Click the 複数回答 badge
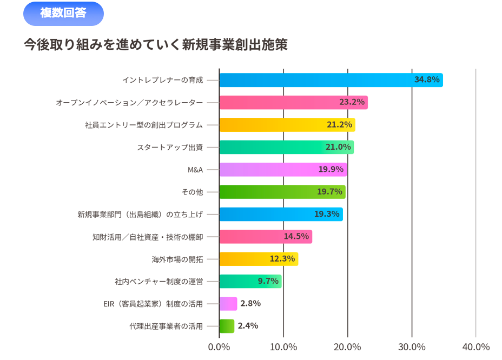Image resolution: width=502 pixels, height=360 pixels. pyautogui.click(x=63, y=14)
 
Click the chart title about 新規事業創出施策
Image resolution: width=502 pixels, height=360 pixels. pyautogui.click(x=156, y=44)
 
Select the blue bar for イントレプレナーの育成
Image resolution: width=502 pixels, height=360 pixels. pyautogui.click(x=331, y=80)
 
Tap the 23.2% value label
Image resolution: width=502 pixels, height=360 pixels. pyautogui.click(x=352, y=102)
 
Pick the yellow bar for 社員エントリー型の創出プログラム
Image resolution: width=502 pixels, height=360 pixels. pyautogui.click(x=287, y=125)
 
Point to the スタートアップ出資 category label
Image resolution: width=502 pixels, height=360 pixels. pyautogui.click(x=170, y=147)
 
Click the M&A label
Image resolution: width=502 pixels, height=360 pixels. pyautogui.click(x=195, y=170)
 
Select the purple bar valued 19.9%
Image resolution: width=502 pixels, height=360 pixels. pyautogui.click(x=283, y=170)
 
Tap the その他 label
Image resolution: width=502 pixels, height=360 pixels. pyautogui.click(x=192, y=192)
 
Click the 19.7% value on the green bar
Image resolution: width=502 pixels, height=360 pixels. pyautogui.click(x=329, y=192)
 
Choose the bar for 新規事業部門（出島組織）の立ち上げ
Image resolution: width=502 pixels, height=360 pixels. pyautogui.click(x=281, y=214)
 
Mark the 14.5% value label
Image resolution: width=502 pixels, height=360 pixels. pyautogui.click(x=296, y=236)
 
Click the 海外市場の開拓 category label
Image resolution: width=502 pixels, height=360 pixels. pyautogui.click(x=177, y=259)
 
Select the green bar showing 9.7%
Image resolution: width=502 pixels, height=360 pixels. pyautogui.click(x=250, y=281)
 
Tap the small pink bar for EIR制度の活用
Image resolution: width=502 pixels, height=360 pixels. pyautogui.click(x=228, y=304)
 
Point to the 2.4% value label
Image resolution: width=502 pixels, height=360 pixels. pyautogui.click(x=248, y=326)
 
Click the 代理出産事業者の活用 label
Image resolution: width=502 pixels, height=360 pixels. pyautogui.click(x=166, y=326)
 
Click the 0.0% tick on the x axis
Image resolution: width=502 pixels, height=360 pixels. pyautogui.click(x=219, y=347)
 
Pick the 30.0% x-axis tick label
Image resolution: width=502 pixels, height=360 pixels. pyautogui.click(x=412, y=347)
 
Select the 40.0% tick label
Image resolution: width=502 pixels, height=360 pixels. pyautogui.click(x=476, y=347)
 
